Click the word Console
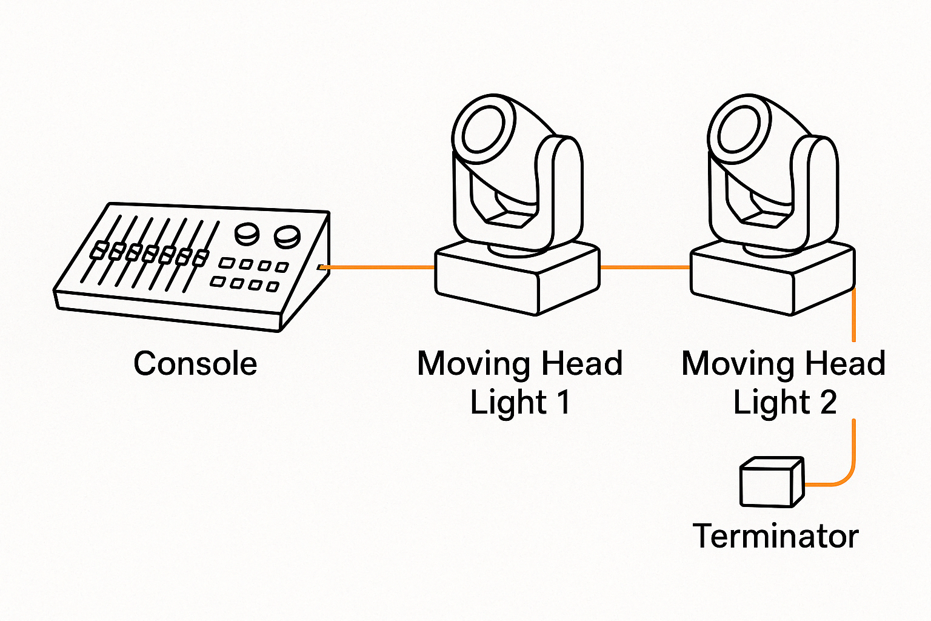(x=195, y=364)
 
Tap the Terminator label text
(x=775, y=536)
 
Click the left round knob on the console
(x=247, y=233)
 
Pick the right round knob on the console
(x=287, y=236)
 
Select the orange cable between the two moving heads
(x=644, y=267)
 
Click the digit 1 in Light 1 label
(x=563, y=402)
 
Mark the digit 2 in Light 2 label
(x=828, y=402)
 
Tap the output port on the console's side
(x=321, y=267)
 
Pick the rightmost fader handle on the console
(x=200, y=258)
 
